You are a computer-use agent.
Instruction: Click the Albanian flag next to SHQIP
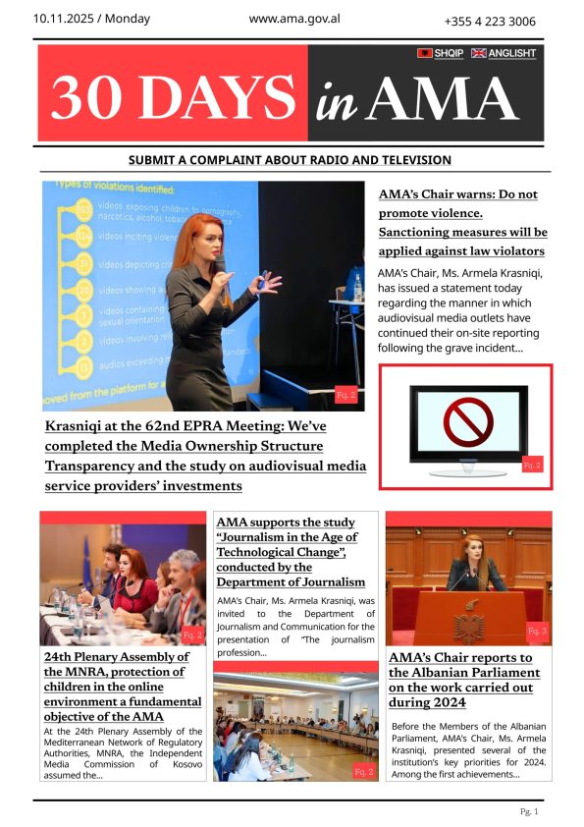pyautogui.click(x=425, y=53)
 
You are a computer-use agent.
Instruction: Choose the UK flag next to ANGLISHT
pyautogui.click(x=479, y=53)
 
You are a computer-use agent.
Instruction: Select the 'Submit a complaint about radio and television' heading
pyautogui.click(x=291, y=160)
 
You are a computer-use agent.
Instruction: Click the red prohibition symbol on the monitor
pyautogui.click(x=467, y=422)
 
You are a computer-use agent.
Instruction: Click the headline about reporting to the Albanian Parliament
pyautogui.click(x=464, y=680)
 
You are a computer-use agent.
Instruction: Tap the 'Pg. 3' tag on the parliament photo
pyautogui.click(x=537, y=631)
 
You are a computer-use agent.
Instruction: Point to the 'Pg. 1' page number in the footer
pyautogui.click(x=529, y=811)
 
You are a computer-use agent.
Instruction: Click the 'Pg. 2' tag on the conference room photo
pyautogui.click(x=363, y=772)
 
